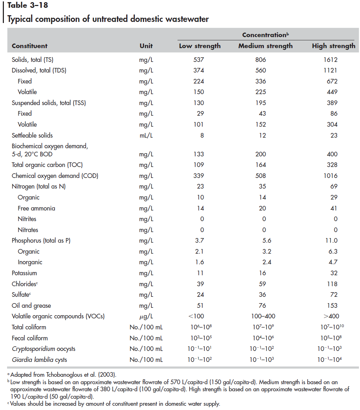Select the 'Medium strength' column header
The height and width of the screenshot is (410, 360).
pyautogui.click(x=265, y=46)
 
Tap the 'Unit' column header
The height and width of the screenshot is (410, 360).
pyautogui.click(x=146, y=46)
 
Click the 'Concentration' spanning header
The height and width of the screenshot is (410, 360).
pyautogui.click(x=265, y=35)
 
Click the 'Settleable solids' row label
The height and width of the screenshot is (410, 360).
pyautogui.click(x=32, y=135)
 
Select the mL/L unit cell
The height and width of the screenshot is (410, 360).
pyautogui.click(x=146, y=135)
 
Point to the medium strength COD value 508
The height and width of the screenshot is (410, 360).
pyautogui.click(x=262, y=176)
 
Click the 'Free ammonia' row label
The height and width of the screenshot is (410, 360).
pyautogui.click(x=36, y=208)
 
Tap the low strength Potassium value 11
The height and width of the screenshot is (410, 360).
pyautogui.click(x=201, y=273)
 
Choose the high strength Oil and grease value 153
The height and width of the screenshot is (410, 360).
pyautogui.click(x=332, y=306)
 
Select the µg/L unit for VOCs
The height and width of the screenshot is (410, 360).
pyautogui.click(x=146, y=316)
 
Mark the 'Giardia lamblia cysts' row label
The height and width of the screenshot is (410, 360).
pyautogui.click(x=39, y=360)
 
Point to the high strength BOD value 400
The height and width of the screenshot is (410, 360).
pyautogui.click(x=332, y=154)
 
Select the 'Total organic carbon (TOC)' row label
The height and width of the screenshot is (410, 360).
pyautogui.click(x=47, y=165)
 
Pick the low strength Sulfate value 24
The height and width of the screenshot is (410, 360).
pyautogui.click(x=201, y=295)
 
